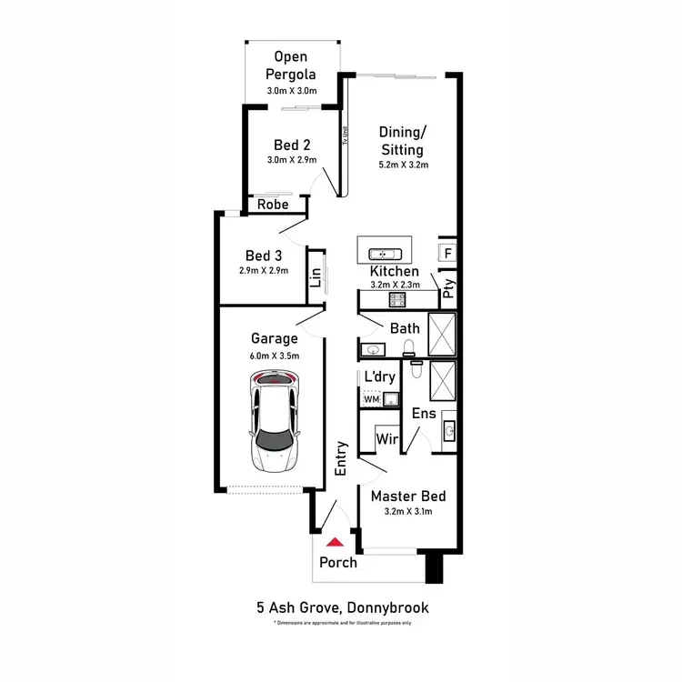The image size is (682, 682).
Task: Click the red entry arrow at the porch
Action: point(336,542)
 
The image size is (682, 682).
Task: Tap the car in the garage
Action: point(274,422)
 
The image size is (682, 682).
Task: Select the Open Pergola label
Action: point(290,65)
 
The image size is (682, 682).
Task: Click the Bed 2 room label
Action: point(292,145)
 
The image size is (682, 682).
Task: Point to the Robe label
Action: point(273,205)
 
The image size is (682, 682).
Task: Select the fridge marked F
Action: point(447,253)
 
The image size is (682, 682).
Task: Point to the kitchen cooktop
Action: point(396,299)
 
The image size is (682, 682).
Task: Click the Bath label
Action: point(405,328)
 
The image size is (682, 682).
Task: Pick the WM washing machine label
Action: point(371,398)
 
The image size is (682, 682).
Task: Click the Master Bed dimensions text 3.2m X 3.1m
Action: point(407,512)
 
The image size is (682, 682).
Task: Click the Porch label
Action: point(338,562)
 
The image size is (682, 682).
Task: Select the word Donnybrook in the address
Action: point(386,607)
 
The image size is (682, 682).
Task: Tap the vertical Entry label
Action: point(342,459)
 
